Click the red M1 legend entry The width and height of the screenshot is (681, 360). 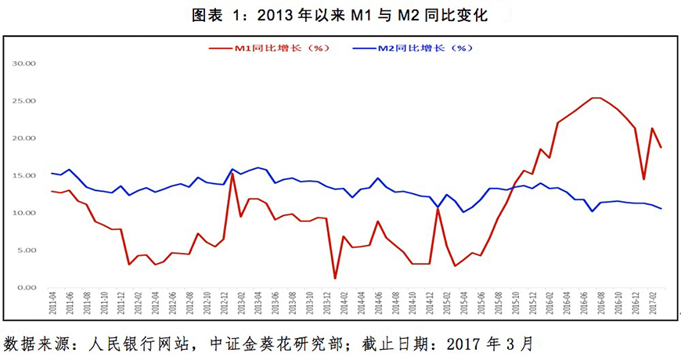[270, 49]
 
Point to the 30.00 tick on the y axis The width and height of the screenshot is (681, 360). [26, 63]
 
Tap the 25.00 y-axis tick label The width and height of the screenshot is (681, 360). [26, 101]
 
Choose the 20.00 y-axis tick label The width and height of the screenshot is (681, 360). [26, 138]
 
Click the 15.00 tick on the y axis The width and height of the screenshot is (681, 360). [26, 175]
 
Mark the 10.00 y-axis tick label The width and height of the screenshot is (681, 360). [26, 213]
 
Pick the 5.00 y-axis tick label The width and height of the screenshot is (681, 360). [27, 250]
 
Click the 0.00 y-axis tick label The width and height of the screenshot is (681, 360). [27, 287]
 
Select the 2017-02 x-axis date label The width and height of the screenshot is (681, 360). [652, 303]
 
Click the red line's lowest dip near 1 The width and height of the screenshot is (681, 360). [335, 278]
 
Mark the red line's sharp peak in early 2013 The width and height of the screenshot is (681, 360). [232, 173]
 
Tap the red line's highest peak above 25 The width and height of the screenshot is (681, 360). [596, 98]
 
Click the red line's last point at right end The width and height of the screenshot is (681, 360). [661, 147]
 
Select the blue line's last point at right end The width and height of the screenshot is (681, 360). [661, 208]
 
